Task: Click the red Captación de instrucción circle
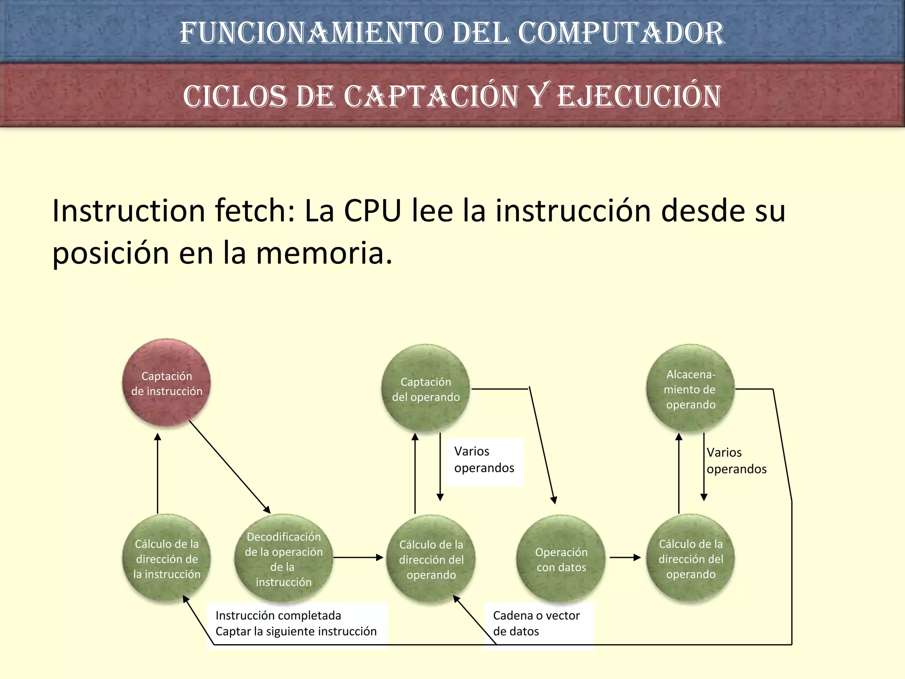click(166, 383)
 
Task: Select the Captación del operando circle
click(426, 389)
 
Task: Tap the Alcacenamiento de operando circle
click(690, 389)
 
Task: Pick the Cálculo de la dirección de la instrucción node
click(167, 559)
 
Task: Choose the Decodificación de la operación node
click(283, 559)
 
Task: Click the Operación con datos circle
click(561, 559)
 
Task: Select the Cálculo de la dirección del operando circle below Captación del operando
click(431, 559)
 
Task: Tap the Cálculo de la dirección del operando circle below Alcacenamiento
click(690, 559)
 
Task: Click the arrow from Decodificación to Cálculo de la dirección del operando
click(358, 557)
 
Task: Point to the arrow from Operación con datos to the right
click(625, 557)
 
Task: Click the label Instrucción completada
click(278, 615)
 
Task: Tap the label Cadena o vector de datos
click(536, 623)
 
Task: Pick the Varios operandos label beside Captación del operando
click(484, 460)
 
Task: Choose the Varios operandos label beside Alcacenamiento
click(736, 461)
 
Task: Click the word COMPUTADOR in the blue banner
click(621, 33)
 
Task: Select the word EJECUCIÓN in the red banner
click(639, 96)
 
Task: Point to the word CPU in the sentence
click(373, 211)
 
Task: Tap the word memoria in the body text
click(324, 253)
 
